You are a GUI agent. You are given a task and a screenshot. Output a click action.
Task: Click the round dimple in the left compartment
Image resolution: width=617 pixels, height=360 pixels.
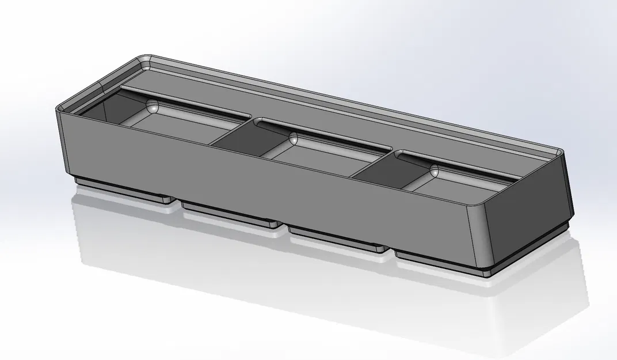click(153, 106)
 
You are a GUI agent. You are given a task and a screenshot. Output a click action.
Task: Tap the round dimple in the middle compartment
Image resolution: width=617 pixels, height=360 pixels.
click(294, 138)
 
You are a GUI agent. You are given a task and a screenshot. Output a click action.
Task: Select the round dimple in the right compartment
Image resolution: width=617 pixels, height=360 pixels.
click(433, 171)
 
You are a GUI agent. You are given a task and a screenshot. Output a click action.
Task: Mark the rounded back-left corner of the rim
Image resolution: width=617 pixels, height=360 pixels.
click(144, 59)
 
